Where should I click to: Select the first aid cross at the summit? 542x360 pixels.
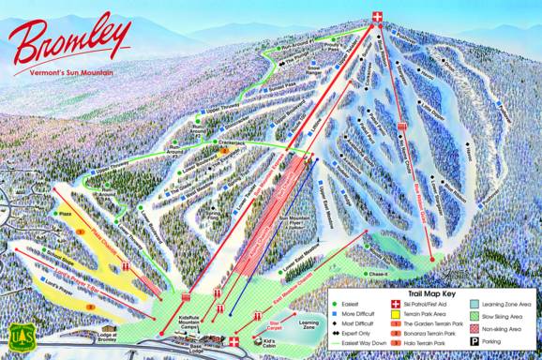pos(378,16)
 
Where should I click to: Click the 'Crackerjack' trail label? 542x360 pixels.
pos(207,145)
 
